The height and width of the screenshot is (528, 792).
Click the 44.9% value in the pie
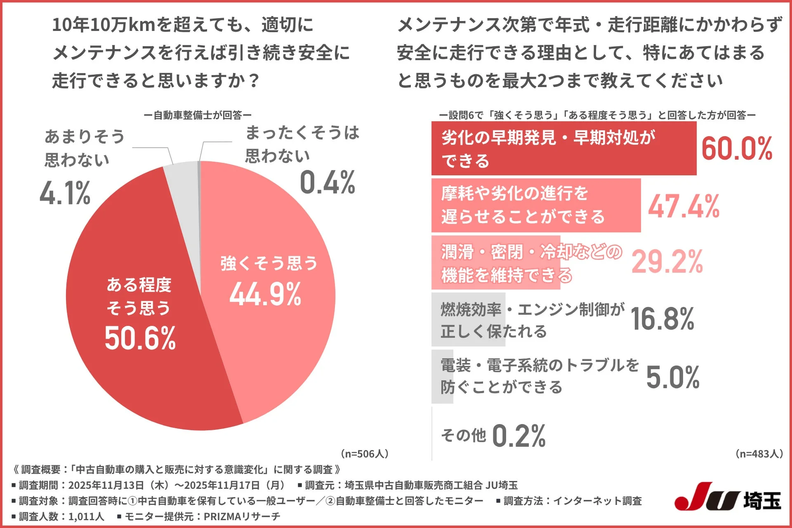coord(265,295)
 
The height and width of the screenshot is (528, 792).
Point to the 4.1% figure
coord(65,193)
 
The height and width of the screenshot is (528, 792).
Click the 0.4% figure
coord(327,182)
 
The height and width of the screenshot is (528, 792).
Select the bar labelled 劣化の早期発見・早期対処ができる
coord(563,148)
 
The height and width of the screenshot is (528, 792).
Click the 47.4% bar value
coord(684,206)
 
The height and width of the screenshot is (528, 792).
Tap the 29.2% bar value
coord(667,262)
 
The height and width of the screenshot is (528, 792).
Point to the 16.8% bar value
coord(662,319)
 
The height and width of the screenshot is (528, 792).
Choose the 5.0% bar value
coord(672,377)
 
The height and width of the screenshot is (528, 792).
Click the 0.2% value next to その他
coord(519,436)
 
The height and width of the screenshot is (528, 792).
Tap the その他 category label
coord(463,435)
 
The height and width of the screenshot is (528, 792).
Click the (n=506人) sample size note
coord(364,454)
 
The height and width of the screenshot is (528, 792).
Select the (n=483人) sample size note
coord(759,454)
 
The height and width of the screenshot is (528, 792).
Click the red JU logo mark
coord(705,497)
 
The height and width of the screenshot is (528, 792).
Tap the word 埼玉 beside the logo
coord(762,500)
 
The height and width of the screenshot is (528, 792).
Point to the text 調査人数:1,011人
coord(58,516)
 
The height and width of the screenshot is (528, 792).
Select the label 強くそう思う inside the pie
coord(269,263)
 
